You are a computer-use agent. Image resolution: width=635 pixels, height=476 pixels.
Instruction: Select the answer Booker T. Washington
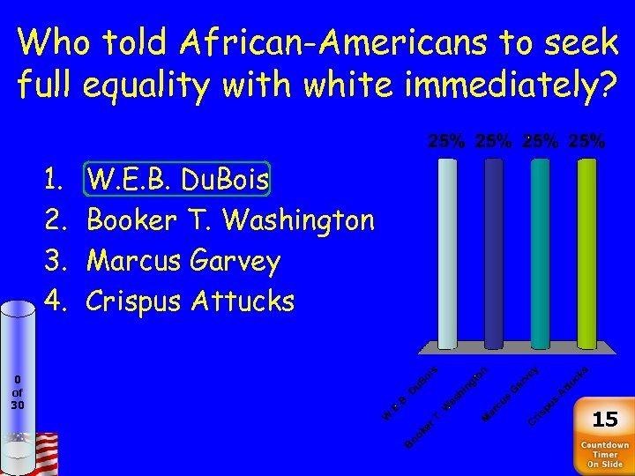point(231,220)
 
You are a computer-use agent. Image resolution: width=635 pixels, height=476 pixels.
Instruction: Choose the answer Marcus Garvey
point(183,261)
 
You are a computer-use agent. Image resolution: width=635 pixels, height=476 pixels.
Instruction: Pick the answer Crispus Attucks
point(190,301)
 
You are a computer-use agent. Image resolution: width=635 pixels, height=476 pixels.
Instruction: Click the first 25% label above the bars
point(448,141)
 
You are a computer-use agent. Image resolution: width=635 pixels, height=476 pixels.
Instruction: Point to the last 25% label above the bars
point(586,141)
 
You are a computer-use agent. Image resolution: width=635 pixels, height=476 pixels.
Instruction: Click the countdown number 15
point(604,419)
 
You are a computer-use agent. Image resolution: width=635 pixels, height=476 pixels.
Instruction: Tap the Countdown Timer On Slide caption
point(604,455)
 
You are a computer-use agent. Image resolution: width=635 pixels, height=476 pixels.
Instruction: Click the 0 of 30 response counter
point(18,392)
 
